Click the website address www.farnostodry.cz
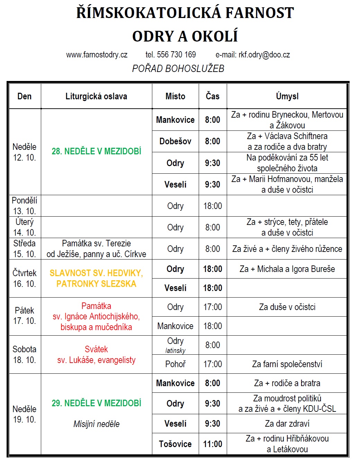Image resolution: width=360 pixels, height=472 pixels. click(97, 55)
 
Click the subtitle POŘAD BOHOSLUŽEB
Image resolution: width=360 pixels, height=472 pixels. click(178, 69)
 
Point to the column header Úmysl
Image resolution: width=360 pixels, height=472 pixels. click(287, 96)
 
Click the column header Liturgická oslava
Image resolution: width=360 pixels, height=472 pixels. click(96, 96)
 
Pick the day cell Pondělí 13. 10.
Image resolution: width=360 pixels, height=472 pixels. click(25, 206)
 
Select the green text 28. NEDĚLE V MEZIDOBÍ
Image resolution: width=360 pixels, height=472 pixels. click(96, 151)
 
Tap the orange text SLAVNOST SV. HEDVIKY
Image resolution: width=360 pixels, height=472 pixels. click(96, 273)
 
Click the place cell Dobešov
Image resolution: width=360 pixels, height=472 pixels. click(175, 141)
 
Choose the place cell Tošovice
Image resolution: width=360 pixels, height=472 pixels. click(175, 444)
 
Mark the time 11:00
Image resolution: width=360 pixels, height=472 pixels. click(213, 444)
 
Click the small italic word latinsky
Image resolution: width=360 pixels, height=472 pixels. click(175, 351)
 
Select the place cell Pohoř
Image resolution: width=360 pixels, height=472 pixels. click(175, 364)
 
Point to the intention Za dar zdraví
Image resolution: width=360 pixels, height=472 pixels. click(287, 424)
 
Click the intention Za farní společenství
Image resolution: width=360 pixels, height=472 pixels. click(287, 364)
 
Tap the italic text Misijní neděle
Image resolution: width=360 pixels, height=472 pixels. click(96, 424)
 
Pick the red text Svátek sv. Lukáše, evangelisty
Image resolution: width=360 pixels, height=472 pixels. click(96, 355)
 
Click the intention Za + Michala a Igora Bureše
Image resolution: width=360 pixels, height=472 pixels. click(287, 269)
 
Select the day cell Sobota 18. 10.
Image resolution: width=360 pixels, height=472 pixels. click(25, 354)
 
